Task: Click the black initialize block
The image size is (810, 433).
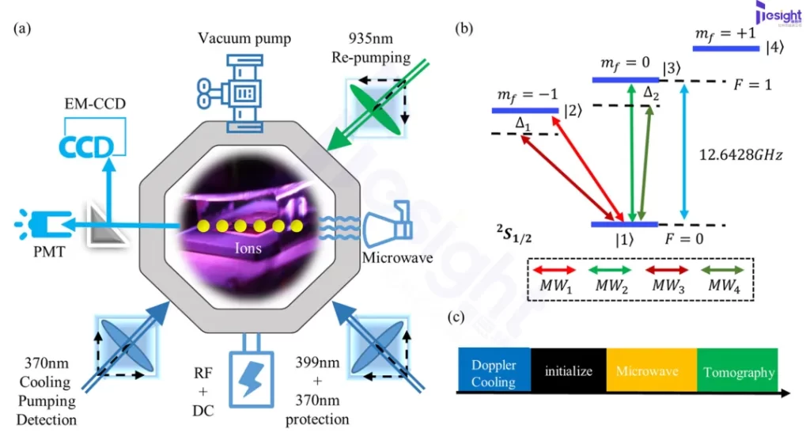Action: pyautogui.click(x=568, y=370)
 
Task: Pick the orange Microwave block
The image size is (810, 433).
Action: pyautogui.click(x=651, y=370)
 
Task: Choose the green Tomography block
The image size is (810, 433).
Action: pyautogui.click(x=737, y=370)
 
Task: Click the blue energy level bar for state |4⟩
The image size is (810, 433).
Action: pyautogui.click(x=725, y=49)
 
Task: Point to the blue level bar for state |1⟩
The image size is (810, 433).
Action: pyautogui.click(x=624, y=225)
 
